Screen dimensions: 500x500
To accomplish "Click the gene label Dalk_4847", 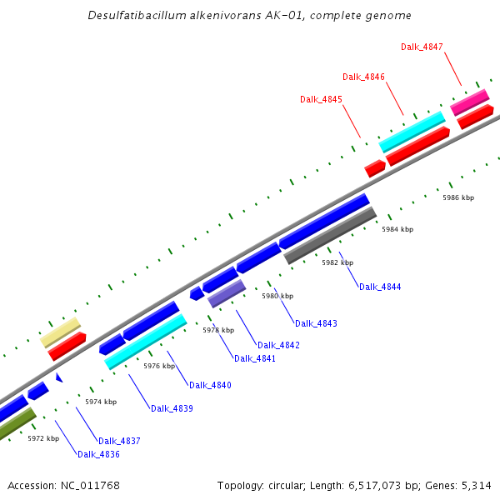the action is point(422,47).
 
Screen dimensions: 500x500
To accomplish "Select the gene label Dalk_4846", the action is point(363,77).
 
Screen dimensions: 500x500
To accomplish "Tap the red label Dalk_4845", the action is point(321,99).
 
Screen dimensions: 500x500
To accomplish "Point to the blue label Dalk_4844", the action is point(380,287).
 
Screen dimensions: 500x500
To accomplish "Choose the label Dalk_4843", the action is point(315,323).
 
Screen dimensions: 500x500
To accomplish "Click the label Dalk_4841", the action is point(255,358).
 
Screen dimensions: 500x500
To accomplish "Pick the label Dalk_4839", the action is point(172,408).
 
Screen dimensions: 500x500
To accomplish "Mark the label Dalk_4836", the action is point(98,454).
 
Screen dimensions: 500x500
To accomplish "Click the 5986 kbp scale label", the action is point(458,197).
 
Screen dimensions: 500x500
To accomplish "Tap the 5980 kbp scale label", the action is point(277,296).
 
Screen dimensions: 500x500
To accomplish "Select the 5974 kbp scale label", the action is point(101,402).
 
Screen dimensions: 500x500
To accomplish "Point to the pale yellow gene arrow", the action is point(60,332).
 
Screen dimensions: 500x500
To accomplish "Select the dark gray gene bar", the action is point(330,236).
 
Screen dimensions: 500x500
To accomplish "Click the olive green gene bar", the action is point(17,424).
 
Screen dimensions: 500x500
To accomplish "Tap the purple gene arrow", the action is point(226,293).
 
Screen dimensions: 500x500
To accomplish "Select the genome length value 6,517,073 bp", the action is point(374,485).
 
